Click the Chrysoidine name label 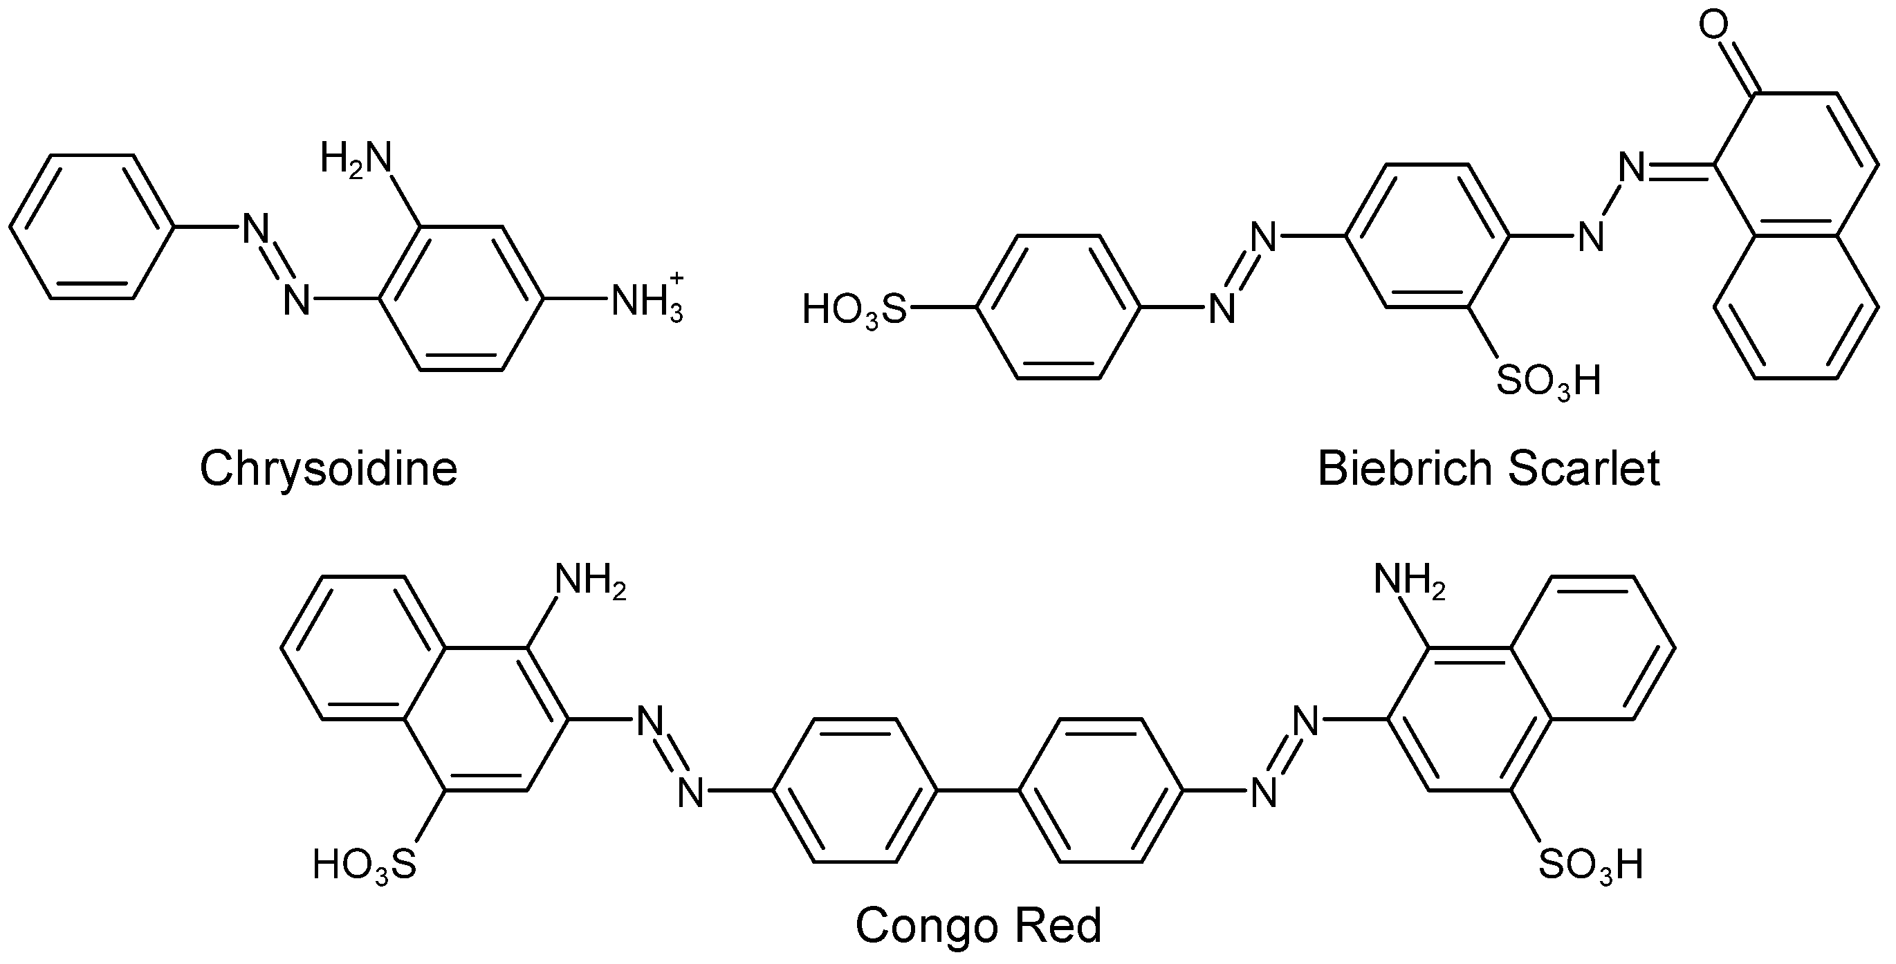pos(329,469)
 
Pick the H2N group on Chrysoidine pos(356,159)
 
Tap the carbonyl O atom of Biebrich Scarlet pos(1713,25)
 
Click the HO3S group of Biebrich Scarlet pos(854,309)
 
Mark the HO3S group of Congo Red pos(365,864)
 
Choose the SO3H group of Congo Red pos(1590,864)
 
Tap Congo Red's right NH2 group pos(1409,582)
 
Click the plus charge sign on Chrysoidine pos(677,277)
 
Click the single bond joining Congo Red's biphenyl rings pos(977,791)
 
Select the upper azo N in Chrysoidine pos(255,228)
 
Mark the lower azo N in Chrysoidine pos(297,300)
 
